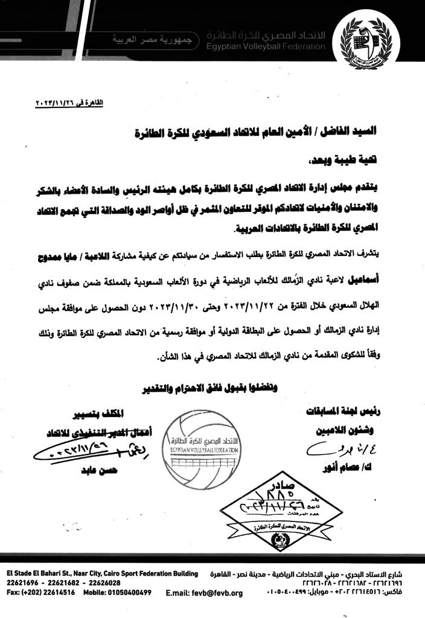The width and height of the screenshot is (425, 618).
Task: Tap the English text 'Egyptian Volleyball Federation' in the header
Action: tap(263, 47)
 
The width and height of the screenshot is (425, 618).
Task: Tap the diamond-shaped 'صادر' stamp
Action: tap(276, 504)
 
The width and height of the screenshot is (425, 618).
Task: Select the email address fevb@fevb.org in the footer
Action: tap(203, 593)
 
